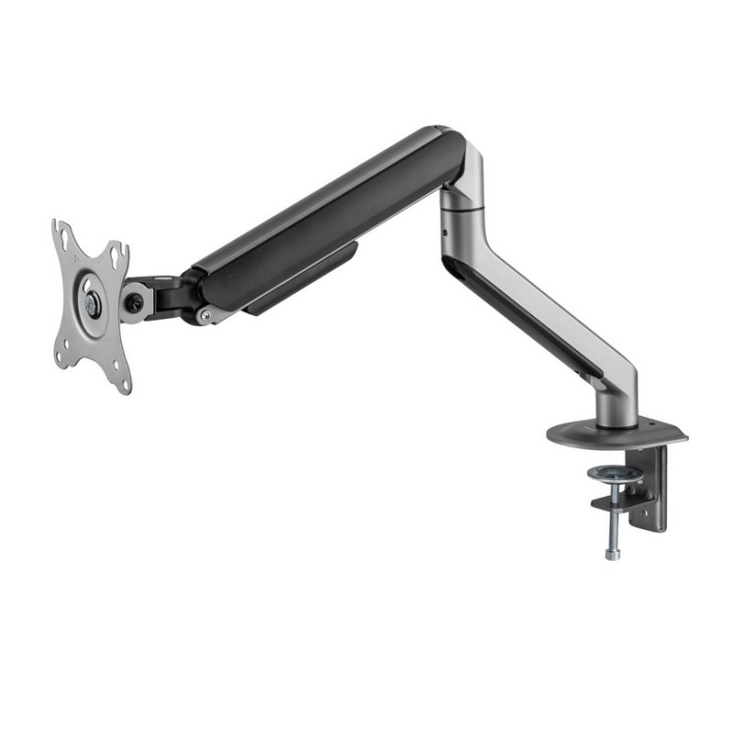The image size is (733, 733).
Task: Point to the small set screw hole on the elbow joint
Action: click(x=445, y=233)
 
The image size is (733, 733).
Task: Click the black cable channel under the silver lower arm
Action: click(x=522, y=316)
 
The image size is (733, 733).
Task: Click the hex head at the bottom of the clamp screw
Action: click(x=611, y=552)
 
